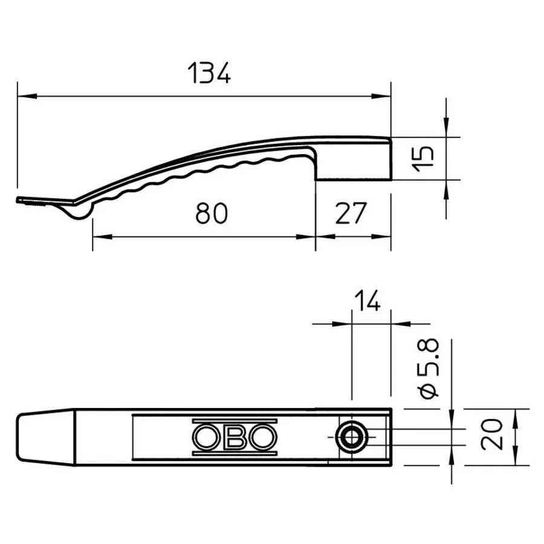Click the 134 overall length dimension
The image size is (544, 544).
pos(209,73)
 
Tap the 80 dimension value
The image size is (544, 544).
pos(212,213)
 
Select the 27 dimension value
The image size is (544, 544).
pos(351,213)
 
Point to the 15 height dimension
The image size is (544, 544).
pos(423,159)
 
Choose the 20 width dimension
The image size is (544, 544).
pos(491,435)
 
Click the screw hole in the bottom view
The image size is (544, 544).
pos(352,437)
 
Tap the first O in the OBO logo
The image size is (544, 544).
pos(207,437)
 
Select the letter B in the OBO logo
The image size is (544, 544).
pos(235,437)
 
